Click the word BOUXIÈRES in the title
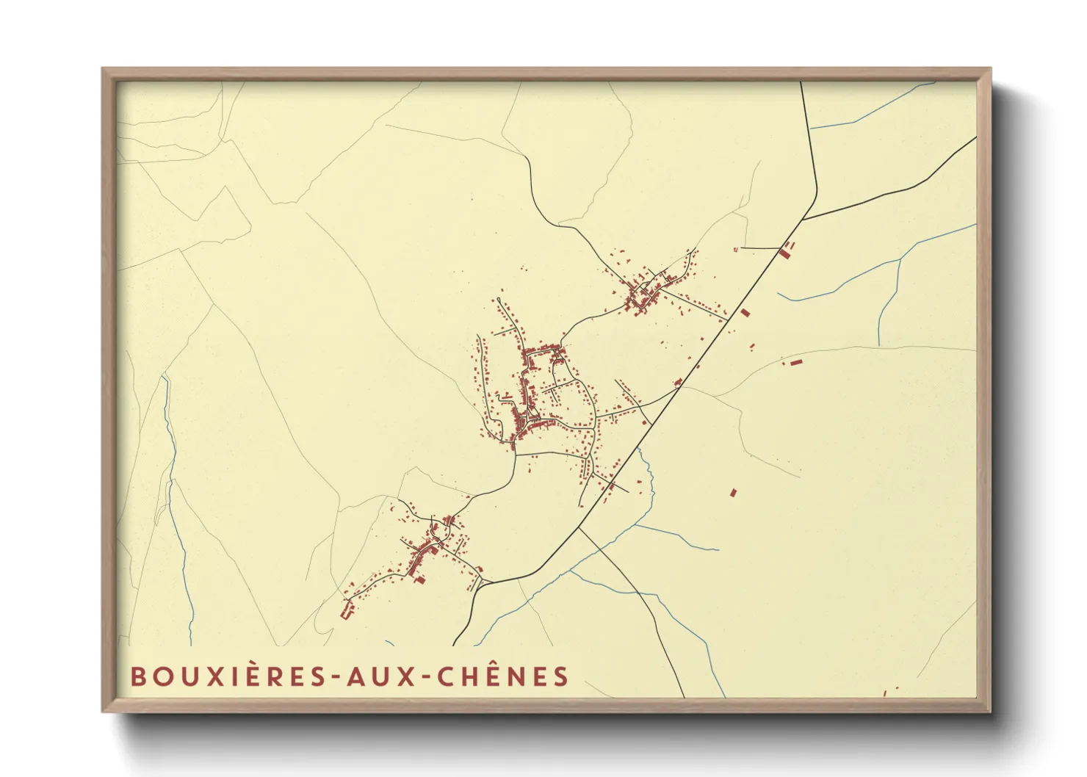point(227,676)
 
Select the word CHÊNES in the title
point(503,676)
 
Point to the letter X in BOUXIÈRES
point(201,676)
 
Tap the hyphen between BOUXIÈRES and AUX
point(334,677)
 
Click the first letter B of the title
point(137,676)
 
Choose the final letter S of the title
point(562,676)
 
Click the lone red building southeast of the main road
point(732,492)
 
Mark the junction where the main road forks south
point(579,527)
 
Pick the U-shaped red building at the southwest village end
point(346,610)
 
